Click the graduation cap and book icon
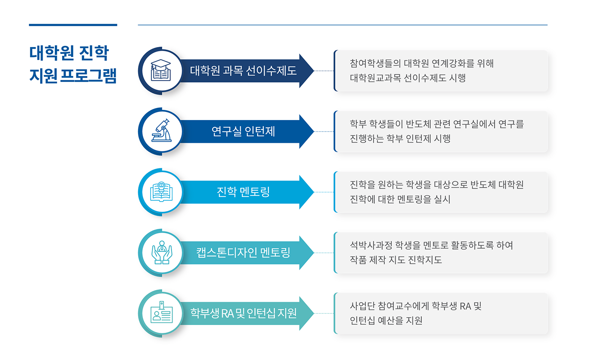click(161, 70)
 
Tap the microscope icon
click(161, 131)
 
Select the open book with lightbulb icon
click(161, 192)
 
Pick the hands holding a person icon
click(161, 253)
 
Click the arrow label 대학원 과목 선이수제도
click(243, 71)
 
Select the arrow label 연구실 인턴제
click(243, 131)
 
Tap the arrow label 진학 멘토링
click(243, 192)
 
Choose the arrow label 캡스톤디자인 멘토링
click(243, 253)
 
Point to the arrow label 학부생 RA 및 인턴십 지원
click(243, 313)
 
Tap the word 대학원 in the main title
click(51, 53)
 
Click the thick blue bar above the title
click(73, 25)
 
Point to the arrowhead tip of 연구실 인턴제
click(314, 131)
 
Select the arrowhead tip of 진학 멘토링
click(314, 192)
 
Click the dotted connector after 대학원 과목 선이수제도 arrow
click(324, 71)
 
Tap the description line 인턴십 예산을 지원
click(386, 321)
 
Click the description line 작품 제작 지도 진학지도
click(396, 260)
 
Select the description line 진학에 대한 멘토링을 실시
click(400, 199)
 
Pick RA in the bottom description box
click(465, 306)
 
